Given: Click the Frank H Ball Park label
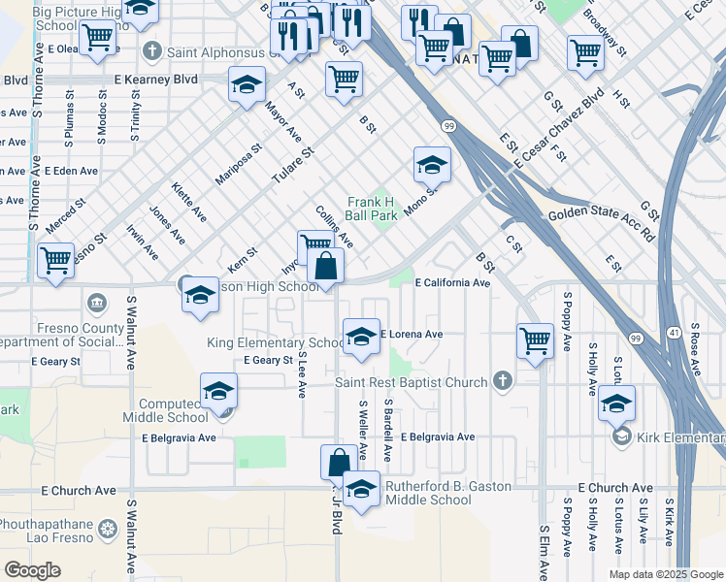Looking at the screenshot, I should click(x=373, y=208).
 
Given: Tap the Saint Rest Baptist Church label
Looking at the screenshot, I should click(x=412, y=382).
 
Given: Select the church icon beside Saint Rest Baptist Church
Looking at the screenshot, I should click(x=502, y=380).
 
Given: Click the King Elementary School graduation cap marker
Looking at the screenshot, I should click(x=361, y=338).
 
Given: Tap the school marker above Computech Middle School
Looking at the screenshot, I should click(x=218, y=392).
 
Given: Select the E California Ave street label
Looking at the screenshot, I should click(x=452, y=283).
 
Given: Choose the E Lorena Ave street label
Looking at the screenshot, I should click(x=412, y=335).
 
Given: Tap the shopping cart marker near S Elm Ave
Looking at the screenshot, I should click(x=535, y=341).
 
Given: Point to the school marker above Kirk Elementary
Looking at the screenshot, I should click(x=616, y=404).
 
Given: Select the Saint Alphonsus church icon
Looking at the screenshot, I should click(x=151, y=50).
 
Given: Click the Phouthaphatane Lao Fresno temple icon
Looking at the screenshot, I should click(x=107, y=532).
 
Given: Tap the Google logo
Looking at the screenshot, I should click(x=32, y=569).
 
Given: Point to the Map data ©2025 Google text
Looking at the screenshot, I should click(x=665, y=574).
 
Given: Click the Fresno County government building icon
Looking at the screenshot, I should click(x=97, y=304).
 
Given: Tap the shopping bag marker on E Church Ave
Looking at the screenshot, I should click(x=339, y=462).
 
